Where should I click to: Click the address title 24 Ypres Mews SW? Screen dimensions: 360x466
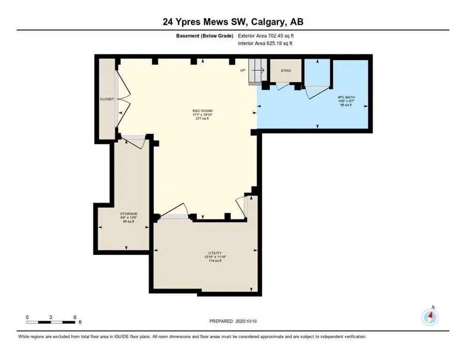pyautogui.click(x=233, y=22)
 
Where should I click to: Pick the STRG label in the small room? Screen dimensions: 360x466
pyautogui.click(x=286, y=71)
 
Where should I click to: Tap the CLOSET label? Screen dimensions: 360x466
pyautogui.click(x=106, y=99)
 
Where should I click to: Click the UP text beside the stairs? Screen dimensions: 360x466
pyautogui.click(x=242, y=70)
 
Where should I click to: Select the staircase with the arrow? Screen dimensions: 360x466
pyautogui.click(x=257, y=72)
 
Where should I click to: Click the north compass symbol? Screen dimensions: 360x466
pyautogui.click(x=430, y=317)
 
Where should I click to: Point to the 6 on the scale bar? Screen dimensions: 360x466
pyautogui.click(x=75, y=317)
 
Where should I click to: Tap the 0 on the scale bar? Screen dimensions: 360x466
pyautogui.click(x=27, y=317)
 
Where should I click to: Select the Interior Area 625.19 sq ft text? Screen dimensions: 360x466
pyautogui.click(x=265, y=44)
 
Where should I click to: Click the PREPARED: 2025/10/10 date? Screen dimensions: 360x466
pyautogui.click(x=233, y=321)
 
